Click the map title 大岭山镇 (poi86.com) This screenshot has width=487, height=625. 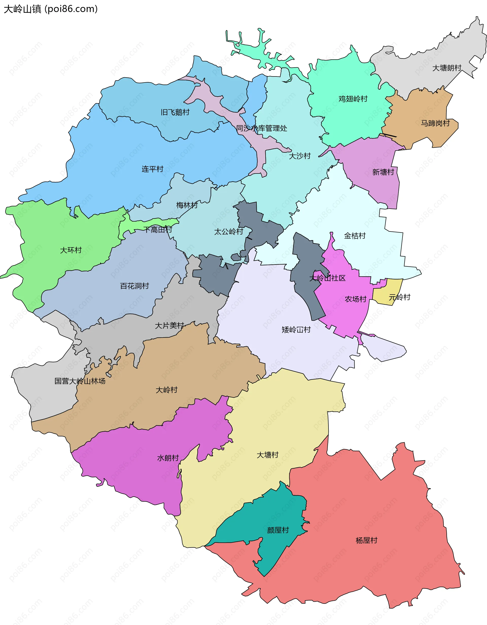[51, 9]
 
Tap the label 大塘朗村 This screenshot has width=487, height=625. [447, 68]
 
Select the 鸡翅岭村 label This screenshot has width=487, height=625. [353, 99]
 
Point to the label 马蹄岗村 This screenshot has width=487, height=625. [435, 123]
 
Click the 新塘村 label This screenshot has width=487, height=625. [383, 172]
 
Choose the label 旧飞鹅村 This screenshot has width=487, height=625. [175, 112]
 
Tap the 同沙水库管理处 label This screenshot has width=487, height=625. [262, 128]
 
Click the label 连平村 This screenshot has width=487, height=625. [152, 169]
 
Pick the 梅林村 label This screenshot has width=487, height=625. [187, 205]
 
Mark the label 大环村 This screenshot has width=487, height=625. [71, 250]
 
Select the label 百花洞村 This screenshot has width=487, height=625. [134, 286]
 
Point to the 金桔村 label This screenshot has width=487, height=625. [355, 236]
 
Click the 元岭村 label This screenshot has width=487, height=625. [399, 297]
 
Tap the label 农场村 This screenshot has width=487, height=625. [356, 299]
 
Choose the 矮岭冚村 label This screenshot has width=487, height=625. [296, 330]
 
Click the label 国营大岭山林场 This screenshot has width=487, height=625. [80, 381]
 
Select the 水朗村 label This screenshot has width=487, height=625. [168, 458]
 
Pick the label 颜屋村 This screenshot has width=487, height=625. [278, 530]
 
